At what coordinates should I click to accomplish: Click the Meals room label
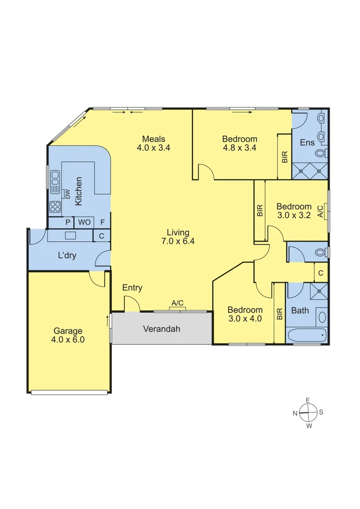point(154,139)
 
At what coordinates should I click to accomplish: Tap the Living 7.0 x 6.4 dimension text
point(178,241)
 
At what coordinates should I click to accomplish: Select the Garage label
point(67,331)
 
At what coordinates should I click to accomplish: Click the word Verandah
point(162,329)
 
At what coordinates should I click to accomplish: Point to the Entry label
point(132,288)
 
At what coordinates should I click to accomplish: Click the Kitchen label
point(79,191)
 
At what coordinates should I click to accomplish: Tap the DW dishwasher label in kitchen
point(67,193)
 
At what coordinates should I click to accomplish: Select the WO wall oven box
point(84,222)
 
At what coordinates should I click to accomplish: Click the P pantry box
point(68,222)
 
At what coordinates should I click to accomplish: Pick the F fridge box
point(102,222)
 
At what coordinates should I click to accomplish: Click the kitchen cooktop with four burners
point(55,206)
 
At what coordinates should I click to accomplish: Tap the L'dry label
point(67,256)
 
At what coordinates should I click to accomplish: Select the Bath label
point(300,311)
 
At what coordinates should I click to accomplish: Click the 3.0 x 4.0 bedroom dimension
point(245,319)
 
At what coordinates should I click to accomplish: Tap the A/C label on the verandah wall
point(177,303)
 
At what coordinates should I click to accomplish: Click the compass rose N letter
point(295,413)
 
